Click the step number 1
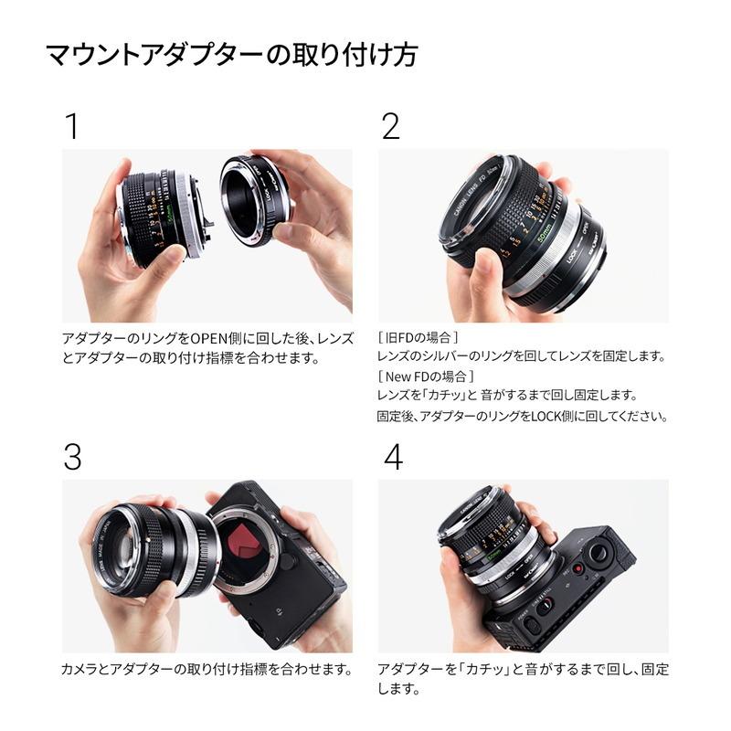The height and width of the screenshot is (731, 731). pos(70,127)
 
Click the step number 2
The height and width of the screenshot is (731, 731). pos(390,127)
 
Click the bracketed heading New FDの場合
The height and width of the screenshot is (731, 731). pos(426,376)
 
